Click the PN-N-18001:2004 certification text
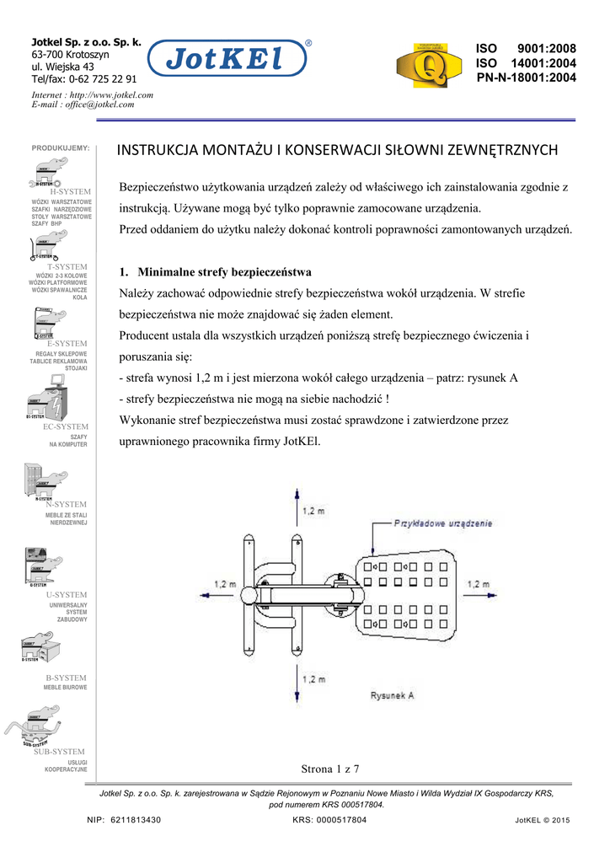[526, 78]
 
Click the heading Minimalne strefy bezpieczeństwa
[224, 272]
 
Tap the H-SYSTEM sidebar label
[70, 192]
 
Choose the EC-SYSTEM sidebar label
[66, 427]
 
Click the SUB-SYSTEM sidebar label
[60, 752]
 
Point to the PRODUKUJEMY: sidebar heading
[61, 148]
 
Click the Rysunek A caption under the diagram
[393, 695]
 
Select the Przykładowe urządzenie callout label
[443, 523]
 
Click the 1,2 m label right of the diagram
[478, 583]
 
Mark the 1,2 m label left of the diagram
[225, 583]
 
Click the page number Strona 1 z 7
[330, 768]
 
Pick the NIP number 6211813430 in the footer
[136, 820]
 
